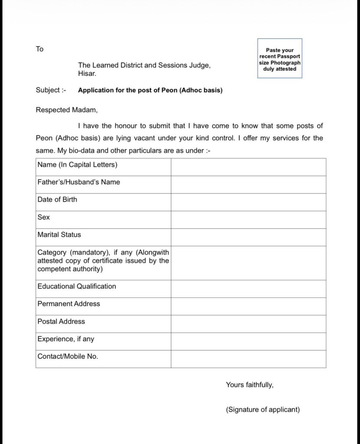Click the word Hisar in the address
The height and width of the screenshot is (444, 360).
tap(87, 74)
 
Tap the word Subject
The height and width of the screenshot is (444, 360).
tap(48, 90)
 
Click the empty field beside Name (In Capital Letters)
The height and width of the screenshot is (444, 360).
tap(248, 167)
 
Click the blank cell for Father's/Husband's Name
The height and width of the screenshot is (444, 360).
tap(248, 184)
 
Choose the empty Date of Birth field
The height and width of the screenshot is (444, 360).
tap(248, 202)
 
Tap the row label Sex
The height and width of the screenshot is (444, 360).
tap(44, 217)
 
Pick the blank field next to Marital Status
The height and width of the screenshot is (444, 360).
tap(248, 237)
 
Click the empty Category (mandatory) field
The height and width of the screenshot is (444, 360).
tap(248, 263)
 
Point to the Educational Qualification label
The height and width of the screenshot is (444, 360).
tap(77, 286)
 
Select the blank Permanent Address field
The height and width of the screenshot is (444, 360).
tap(248, 306)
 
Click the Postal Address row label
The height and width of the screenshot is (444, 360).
tap(61, 321)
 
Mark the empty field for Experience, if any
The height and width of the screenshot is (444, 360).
tap(248, 341)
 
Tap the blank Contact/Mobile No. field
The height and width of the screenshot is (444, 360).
tap(248, 359)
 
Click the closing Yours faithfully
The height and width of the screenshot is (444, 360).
tap(250, 384)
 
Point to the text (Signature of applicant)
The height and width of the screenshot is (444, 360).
tap(263, 409)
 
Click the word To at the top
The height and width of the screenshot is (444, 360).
tap(39, 49)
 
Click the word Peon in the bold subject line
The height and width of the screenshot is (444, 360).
tap(169, 91)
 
